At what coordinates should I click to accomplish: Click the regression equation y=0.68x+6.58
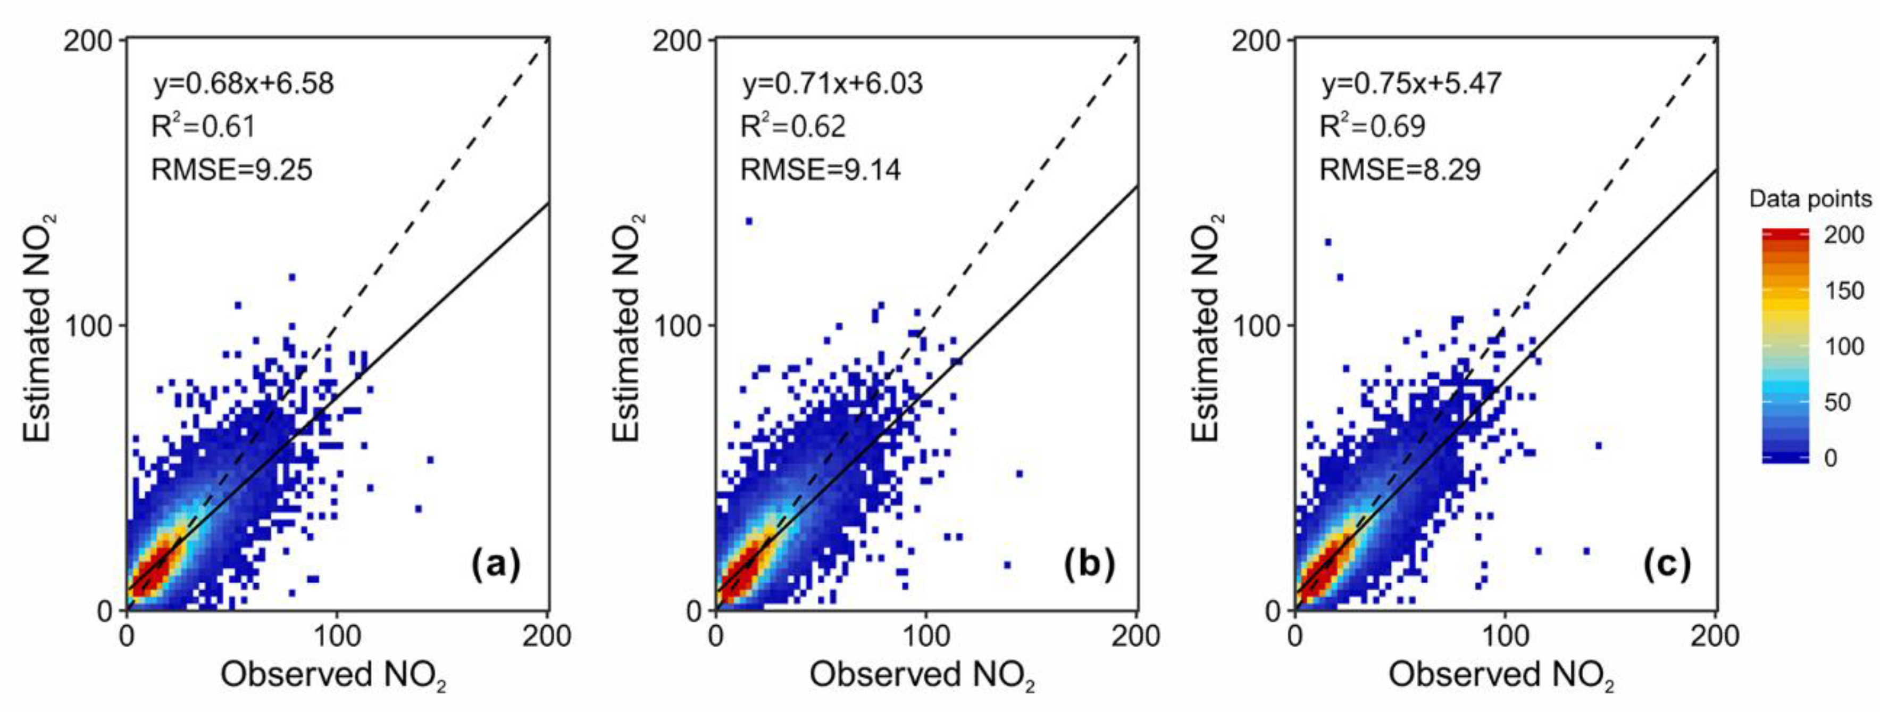[244, 83]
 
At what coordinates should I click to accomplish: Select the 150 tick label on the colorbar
[1844, 291]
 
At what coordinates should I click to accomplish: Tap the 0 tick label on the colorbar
[1831, 458]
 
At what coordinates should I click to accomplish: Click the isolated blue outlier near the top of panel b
[748, 220]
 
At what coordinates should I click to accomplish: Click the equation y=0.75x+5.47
[1411, 83]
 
